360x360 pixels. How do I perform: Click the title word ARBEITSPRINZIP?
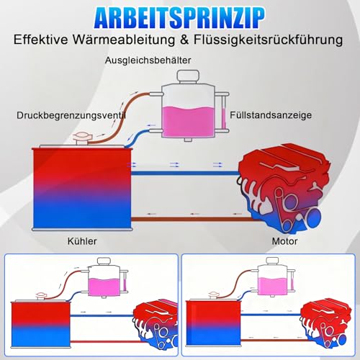[179, 18]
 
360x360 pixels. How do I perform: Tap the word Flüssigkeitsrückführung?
[268, 40]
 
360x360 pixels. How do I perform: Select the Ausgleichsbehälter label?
[148, 60]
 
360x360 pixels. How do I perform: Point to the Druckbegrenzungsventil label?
[71, 115]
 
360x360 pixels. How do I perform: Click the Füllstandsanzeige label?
[271, 115]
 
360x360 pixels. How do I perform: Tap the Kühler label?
[82, 241]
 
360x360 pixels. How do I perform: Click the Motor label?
[284, 241]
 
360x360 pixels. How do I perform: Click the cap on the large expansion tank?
[188, 76]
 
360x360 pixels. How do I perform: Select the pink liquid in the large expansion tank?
[188, 122]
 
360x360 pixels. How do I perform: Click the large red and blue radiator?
[82, 188]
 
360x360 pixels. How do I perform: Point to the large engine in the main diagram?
[283, 189]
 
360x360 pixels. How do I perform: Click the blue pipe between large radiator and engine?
[185, 173]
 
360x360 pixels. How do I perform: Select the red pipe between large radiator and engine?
[192, 219]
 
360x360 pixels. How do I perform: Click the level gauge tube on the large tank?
[224, 112]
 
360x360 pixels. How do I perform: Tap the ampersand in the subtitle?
[184, 40]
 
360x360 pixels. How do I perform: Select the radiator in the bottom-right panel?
[213, 323]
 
